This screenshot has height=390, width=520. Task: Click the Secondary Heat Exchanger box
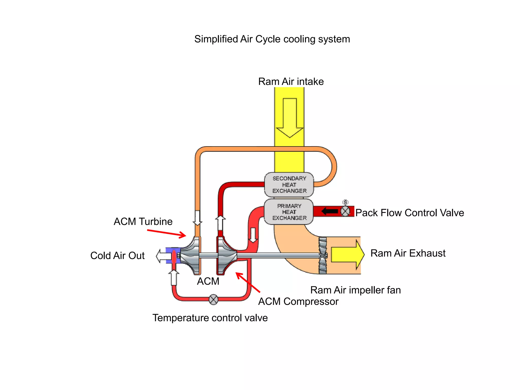pos(289,185)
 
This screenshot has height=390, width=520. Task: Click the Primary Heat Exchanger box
pos(289,212)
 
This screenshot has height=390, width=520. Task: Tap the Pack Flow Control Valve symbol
pos(345,211)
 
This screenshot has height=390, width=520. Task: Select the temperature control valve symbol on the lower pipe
pos(213,300)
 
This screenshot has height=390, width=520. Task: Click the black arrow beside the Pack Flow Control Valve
pos(330,211)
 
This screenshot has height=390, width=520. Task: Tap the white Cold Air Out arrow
pos(162,256)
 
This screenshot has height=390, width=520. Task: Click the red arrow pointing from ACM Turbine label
pos(167,233)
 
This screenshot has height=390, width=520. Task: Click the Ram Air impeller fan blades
pos(323,255)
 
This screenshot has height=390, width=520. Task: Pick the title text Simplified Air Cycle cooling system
pos(272,39)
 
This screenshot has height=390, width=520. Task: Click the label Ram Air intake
pos(291,82)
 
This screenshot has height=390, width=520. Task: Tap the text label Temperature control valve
pos(210,318)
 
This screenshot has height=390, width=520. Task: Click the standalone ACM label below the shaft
pos(208,281)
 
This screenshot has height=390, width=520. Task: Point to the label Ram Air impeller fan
pos(355,290)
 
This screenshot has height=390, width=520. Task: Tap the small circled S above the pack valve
pos(345,202)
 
